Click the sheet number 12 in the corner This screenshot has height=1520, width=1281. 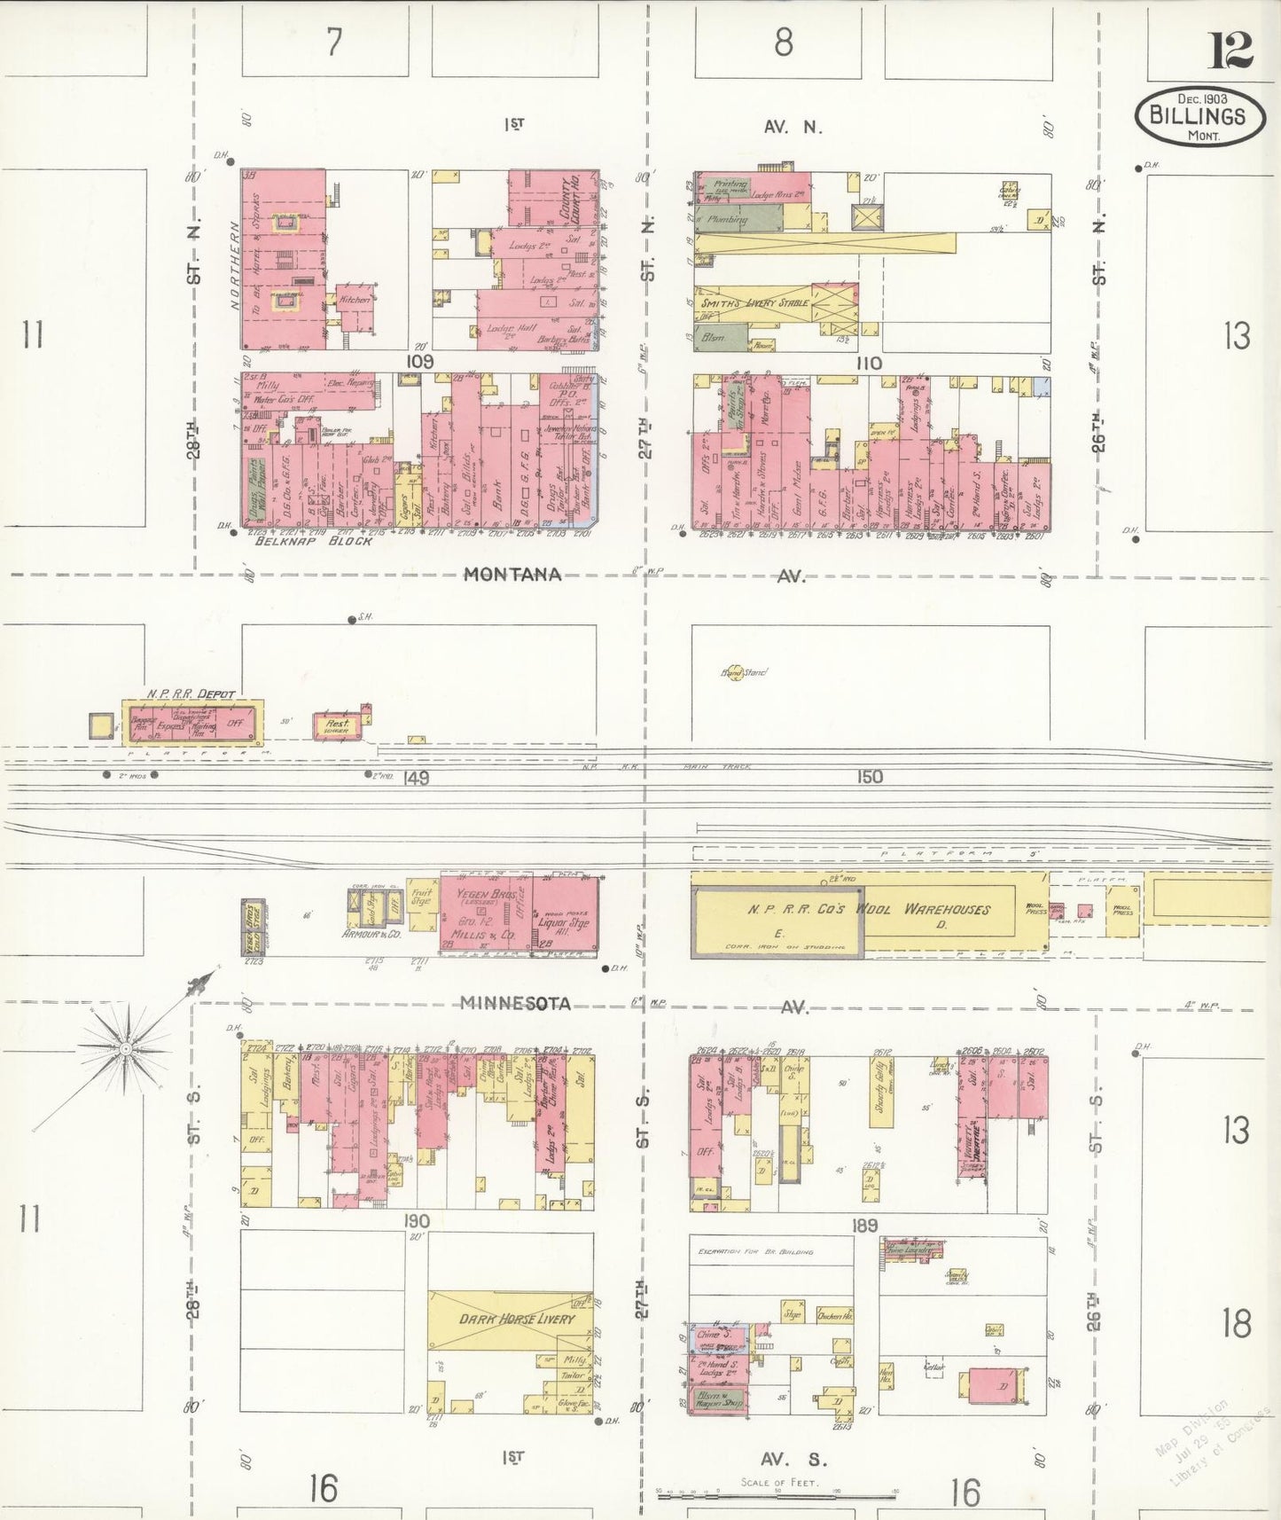pos(1230,51)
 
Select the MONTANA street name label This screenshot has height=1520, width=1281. pos(513,575)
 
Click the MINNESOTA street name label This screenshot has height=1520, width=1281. pos(515,1003)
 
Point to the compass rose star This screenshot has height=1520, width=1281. pos(125,1049)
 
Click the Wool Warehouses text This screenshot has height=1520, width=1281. pos(947,909)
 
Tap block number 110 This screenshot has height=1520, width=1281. pos(869,363)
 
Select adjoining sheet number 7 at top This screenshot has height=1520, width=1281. pos(333,43)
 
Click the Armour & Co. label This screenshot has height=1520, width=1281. pos(371,934)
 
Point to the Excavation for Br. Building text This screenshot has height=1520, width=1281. pos(755,1251)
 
